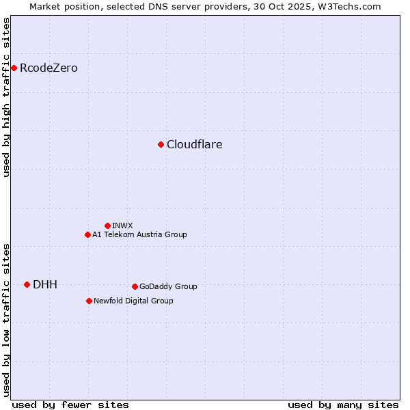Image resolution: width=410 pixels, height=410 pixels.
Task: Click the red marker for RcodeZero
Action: pyautogui.click(x=14, y=68)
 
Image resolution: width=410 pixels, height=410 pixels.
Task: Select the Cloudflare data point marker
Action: pyautogui.click(x=161, y=144)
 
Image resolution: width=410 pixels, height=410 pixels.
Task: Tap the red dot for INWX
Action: pyautogui.click(x=107, y=225)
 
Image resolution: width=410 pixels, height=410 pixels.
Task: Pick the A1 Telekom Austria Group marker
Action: pyautogui.click(x=87, y=234)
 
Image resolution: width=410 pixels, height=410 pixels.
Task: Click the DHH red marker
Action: pyautogui.click(x=27, y=284)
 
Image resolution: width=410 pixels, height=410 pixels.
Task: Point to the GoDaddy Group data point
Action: pyautogui.click(x=135, y=286)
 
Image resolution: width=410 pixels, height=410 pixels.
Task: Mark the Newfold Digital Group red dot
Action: pyautogui.click(x=89, y=301)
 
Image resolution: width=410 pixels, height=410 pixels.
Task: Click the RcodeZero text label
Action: pyautogui.click(x=49, y=68)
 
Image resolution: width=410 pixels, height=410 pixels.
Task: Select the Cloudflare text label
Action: pyautogui.click(x=194, y=144)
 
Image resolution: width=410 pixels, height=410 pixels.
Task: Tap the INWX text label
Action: pyautogui.click(x=122, y=225)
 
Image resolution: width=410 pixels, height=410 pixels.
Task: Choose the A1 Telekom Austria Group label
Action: pyautogui.click(x=139, y=234)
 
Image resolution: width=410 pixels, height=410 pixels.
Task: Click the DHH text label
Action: pyautogui.click(x=45, y=284)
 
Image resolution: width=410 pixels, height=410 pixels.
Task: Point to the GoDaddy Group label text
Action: pyautogui.click(x=168, y=286)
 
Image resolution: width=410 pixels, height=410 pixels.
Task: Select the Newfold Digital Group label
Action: pyautogui.click(x=133, y=301)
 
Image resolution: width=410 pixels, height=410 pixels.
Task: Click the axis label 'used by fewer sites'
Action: pyautogui.click(x=70, y=405)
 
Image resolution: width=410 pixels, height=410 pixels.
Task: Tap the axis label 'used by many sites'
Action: pyautogui.click(x=343, y=405)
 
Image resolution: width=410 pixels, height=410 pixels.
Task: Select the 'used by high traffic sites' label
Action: pyautogui.click(x=6, y=97)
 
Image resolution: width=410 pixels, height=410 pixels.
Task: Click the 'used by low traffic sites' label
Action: pyautogui.click(x=6, y=319)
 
